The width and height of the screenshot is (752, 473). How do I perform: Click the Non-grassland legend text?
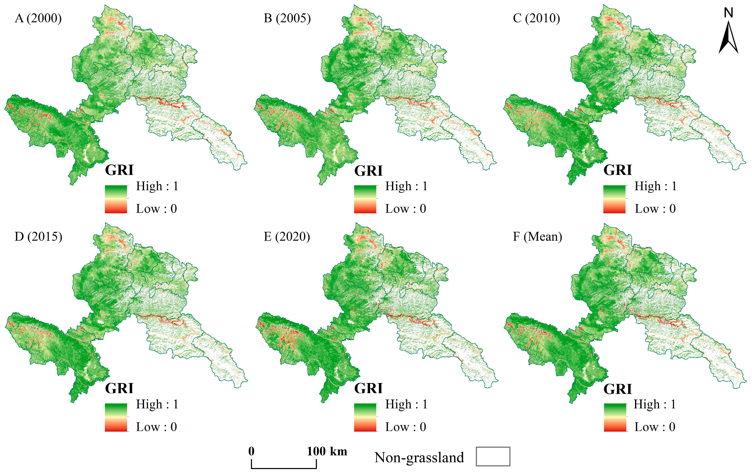(x=419, y=457)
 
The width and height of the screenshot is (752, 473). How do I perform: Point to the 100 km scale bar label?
(x=327, y=451)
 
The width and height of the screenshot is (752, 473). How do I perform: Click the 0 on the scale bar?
(x=251, y=451)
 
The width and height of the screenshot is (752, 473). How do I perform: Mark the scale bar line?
(x=284, y=468)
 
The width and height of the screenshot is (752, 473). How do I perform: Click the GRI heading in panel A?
(x=119, y=170)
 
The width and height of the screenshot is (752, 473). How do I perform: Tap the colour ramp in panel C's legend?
(x=614, y=199)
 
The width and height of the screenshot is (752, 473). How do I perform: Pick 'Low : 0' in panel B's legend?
(x=405, y=209)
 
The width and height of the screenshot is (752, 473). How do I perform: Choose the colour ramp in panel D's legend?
(x=116, y=417)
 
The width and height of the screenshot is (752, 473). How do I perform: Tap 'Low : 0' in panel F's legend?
(x=655, y=427)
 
